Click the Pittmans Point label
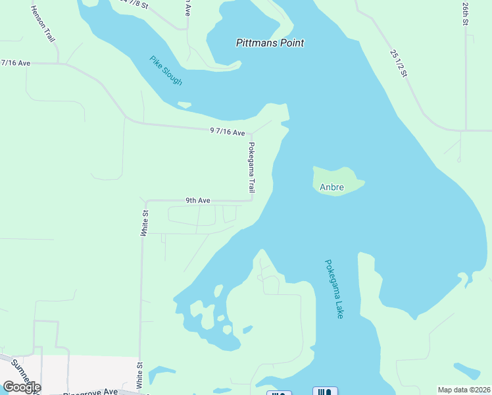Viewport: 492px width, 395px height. pos(270,43)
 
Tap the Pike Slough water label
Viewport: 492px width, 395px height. pos(166,70)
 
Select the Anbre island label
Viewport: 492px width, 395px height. pos(332,187)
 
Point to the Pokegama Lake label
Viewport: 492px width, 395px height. pos(334,289)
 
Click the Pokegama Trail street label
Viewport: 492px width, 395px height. pos(251,167)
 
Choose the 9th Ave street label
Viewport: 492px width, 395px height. pos(197,200)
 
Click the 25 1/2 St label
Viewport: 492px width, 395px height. pos(399,63)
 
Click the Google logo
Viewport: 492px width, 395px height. pos(21,387)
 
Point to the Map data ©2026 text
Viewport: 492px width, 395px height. pos(464,390)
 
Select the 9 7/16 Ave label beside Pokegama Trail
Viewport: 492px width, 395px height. pos(228,132)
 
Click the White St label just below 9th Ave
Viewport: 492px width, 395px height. pos(145,223)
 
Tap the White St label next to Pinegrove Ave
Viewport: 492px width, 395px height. pos(139,374)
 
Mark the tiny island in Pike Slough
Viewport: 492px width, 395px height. pos(184,104)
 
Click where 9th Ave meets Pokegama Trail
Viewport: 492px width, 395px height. pos(252,201)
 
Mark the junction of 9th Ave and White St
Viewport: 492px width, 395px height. pos(146,201)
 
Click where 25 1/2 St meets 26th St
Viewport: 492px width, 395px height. pos(465,130)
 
